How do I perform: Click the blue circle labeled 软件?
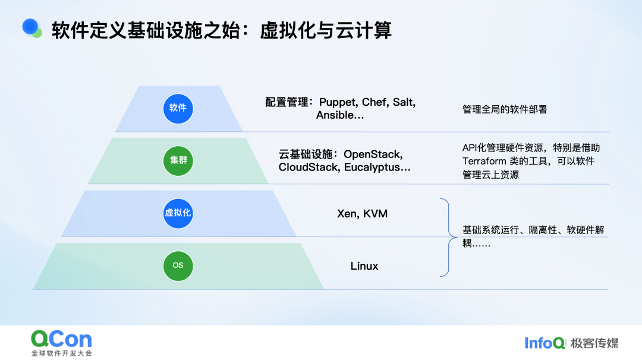tap(178, 108)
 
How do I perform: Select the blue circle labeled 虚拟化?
tap(178, 213)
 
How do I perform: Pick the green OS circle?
tap(178, 266)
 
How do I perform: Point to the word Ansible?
tap(336, 115)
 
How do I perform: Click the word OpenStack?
tap(373, 154)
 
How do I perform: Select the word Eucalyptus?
tap(377, 168)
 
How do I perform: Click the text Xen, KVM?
tap(362, 213)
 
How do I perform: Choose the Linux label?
tap(364, 266)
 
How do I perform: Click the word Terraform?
tap(484, 161)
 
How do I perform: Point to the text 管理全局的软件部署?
tap(505, 109)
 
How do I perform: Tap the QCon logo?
tap(61, 339)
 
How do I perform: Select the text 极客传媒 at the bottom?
tap(594, 343)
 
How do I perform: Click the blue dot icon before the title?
tap(32, 27)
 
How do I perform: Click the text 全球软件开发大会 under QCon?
tap(62, 353)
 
